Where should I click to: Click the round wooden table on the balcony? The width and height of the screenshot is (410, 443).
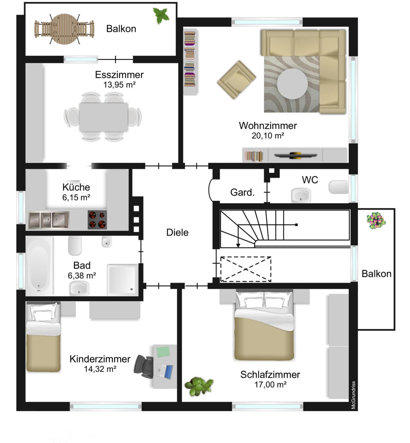(x=64, y=29)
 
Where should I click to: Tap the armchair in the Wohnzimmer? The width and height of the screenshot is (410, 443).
(x=236, y=80)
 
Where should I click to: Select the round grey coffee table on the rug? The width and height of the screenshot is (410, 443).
(x=292, y=84)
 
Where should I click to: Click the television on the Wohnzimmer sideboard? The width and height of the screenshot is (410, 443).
(x=295, y=155)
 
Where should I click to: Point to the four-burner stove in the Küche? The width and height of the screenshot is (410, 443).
(x=97, y=220)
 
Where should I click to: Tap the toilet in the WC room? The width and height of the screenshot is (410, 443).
(x=339, y=187)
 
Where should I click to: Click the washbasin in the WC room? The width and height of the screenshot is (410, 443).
(x=301, y=195)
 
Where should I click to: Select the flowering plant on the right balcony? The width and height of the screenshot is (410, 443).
(x=376, y=221)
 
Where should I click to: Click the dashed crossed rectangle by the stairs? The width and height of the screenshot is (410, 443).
(x=246, y=269)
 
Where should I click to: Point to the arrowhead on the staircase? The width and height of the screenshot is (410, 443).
(x=238, y=245)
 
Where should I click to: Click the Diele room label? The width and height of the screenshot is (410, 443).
(x=177, y=232)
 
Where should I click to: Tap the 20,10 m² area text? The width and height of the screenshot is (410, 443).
(x=268, y=136)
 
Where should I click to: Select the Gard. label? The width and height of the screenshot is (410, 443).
(x=242, y=192)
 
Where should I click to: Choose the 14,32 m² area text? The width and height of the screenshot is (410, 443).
(x=100, y=369)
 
